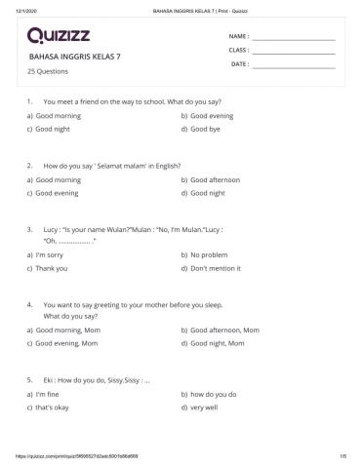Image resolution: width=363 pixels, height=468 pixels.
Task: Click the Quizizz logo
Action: (x=61, y=37)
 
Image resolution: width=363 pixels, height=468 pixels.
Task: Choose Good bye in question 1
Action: (x=206, y=129)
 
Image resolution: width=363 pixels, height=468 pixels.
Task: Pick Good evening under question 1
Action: (x=211, y=115)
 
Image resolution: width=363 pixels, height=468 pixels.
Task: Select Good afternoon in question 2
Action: (x=215, y=179)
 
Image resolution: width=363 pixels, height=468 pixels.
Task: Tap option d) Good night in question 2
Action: (x=208, y=193)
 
